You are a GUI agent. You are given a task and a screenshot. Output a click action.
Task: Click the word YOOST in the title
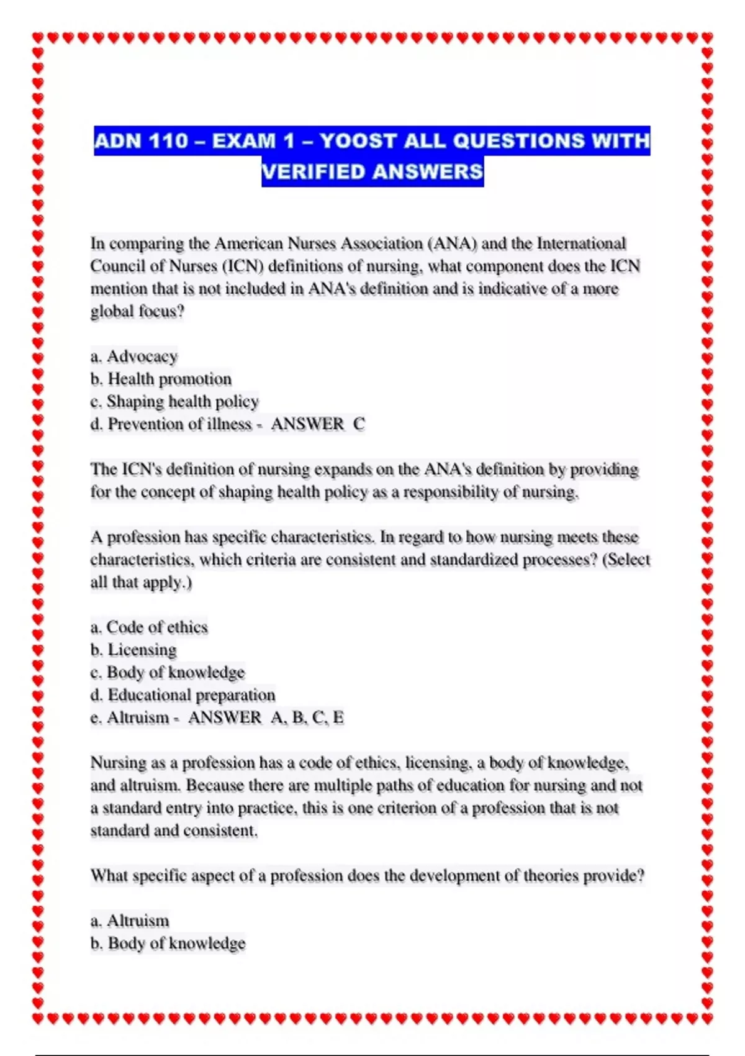pos(357,141)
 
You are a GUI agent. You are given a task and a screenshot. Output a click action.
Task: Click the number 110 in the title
pos(168,141)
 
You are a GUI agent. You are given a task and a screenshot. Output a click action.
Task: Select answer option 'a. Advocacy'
pos(134,357)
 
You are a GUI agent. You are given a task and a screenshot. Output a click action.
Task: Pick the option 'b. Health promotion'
pos(161,379)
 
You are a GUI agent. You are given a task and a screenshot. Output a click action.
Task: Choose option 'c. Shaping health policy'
pos(174,401)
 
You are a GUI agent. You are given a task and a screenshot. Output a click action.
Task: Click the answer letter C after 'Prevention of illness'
pos(359,424)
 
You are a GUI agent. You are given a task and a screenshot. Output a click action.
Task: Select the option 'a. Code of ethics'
pos(149,627)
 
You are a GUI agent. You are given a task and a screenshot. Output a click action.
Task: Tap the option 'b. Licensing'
pos(133,650)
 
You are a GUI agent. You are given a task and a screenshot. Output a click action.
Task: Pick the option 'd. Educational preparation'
pos(183,695)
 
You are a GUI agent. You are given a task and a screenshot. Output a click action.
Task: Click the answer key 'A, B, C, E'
pos(307,718)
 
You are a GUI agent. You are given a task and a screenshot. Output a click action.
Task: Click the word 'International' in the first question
pos(581,244)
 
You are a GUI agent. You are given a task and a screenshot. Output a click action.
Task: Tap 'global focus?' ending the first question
pos(138,311)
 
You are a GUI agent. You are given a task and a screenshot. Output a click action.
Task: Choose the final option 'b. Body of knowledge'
pos(168,944)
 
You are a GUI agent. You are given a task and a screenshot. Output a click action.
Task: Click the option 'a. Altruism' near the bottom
pos(130,921)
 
